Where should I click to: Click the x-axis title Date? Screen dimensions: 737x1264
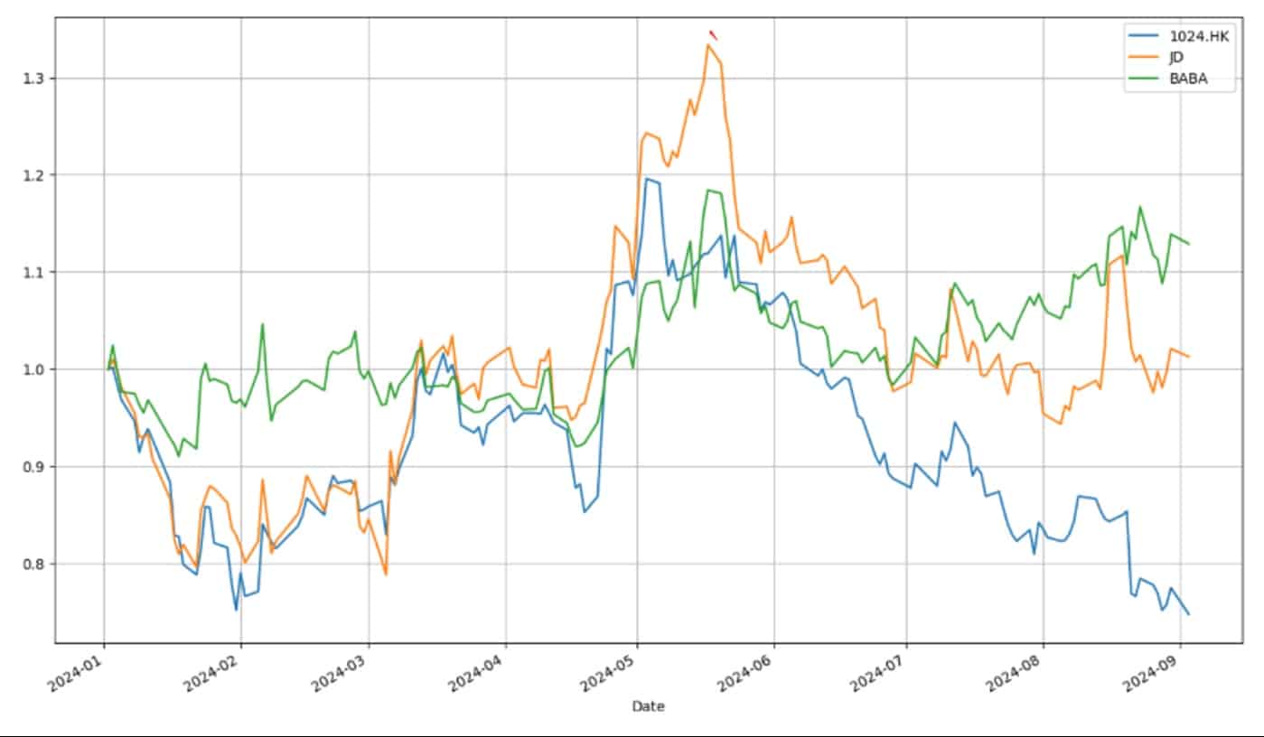coord(648,706)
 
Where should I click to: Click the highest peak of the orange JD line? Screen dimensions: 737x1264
coord(709,44)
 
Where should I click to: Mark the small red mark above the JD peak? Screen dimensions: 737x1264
coord(713,35)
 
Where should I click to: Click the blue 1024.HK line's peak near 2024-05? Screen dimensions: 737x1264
coord(646,179)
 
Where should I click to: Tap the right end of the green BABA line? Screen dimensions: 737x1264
coord(1188,244)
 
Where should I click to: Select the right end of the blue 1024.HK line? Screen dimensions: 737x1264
coord(1188,614)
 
